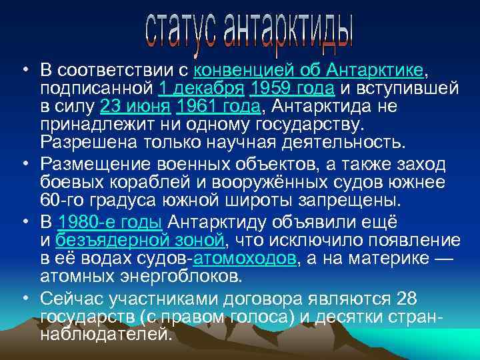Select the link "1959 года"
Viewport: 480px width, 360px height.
[x=295, y=88]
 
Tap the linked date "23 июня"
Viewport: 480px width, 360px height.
[x=135, y=106]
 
